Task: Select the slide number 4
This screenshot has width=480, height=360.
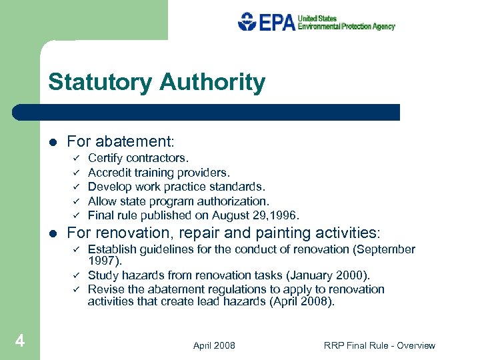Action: click(20, 341)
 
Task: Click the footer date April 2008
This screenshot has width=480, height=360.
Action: click(213, 345)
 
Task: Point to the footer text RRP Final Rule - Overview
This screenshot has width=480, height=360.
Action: click(379, 345)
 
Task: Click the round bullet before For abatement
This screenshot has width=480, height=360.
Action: click(53, 142)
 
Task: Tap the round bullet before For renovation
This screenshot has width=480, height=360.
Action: click(53, 233)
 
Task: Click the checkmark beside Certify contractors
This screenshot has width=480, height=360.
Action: click(77, 158)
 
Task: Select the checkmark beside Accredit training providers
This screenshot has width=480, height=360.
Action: click(77, 173)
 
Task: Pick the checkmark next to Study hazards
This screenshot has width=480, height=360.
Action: click(77, 275)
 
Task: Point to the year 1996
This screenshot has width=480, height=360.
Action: click(287, 215)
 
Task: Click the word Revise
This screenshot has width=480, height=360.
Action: click(105, 289)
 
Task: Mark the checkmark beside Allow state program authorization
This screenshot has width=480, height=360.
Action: click(77, 201)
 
